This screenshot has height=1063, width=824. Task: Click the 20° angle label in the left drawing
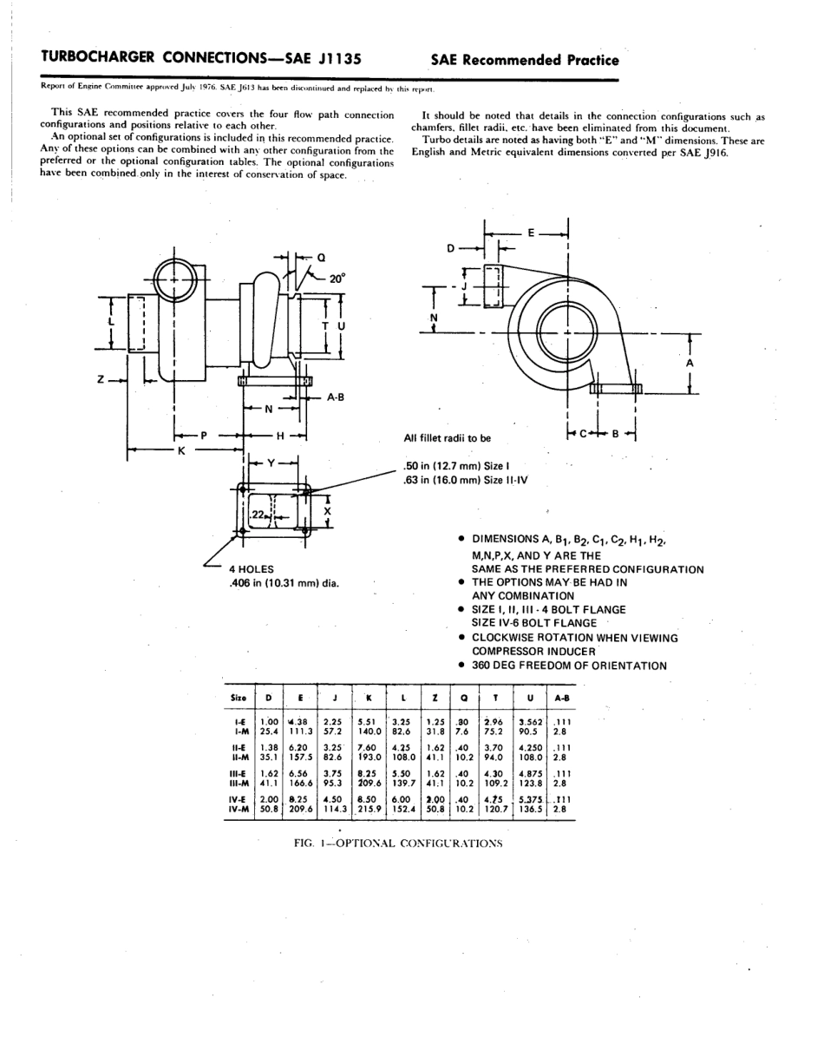(337, 279)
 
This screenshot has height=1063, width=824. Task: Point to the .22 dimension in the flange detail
(258, 515)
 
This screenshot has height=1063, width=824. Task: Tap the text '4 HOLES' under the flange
(252, 569)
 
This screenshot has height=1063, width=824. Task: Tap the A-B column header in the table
(562, 698)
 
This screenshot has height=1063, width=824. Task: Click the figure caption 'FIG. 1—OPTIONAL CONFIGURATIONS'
(399, 843)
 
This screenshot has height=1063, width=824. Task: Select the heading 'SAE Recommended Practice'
(524, 60)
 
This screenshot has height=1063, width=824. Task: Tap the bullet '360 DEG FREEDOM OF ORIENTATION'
(569, 666)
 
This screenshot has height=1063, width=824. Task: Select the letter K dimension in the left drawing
(181, 451)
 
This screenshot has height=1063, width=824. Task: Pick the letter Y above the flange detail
(271, 463)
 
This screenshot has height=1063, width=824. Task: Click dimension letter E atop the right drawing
(531, 233)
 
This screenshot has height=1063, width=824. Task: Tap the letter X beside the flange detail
(327, 512)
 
